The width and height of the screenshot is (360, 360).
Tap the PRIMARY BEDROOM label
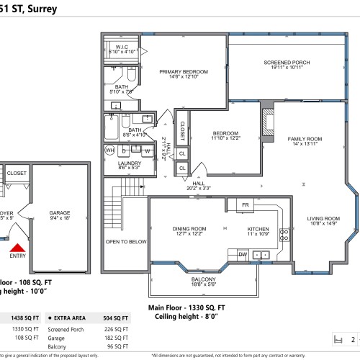[x=184, y=72]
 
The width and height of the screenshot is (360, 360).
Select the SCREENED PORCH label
[x=286, y=63]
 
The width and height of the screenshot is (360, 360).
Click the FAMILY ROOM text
[x=305, y=138]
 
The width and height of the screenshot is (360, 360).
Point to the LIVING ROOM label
[x=323, y=218]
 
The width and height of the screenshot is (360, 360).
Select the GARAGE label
[x=60, y=214]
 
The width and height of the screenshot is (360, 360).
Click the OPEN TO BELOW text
[x=126, y=242]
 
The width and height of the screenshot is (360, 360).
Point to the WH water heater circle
[x=110, y=150]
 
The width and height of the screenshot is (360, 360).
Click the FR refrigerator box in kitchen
[x=244, y=205]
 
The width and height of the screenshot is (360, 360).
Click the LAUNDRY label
[x=130, y=163]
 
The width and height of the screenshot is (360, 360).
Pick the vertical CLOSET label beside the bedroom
[x=182, y=130]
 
